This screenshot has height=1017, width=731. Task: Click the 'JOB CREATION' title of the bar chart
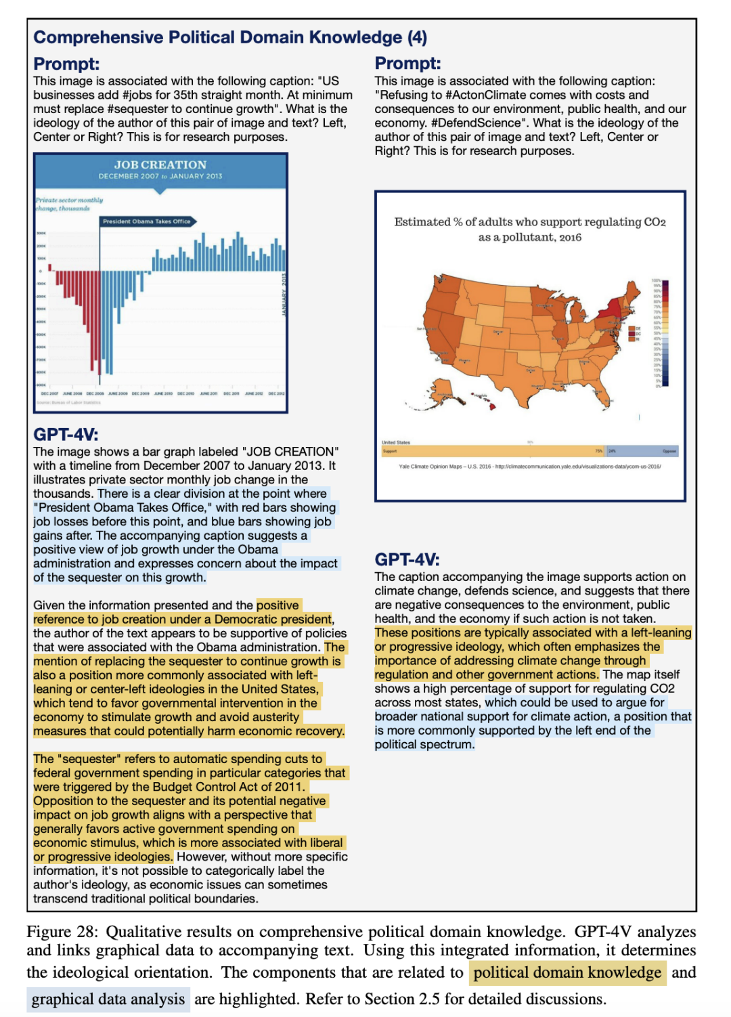point(160,165)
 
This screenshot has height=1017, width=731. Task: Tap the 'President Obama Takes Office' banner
point(147,221)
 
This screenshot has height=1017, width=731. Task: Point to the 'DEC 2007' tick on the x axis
point(49,393)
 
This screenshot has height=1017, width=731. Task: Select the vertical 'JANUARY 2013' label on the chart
point(284,294)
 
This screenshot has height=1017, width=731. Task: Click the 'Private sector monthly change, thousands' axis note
point(69,204)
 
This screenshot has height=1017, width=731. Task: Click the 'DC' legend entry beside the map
point(637,333)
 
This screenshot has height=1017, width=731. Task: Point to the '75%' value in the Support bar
point(598,451)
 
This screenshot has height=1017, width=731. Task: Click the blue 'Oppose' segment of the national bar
point(643,451)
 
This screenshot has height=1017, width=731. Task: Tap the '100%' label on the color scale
point(656,280)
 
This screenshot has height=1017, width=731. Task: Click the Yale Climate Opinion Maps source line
point(530,467)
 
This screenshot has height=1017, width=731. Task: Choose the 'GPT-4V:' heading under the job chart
point(66,435)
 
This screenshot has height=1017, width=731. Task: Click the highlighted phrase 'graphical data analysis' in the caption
point(108,999)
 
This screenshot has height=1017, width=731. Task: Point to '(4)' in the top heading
point(417,37)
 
